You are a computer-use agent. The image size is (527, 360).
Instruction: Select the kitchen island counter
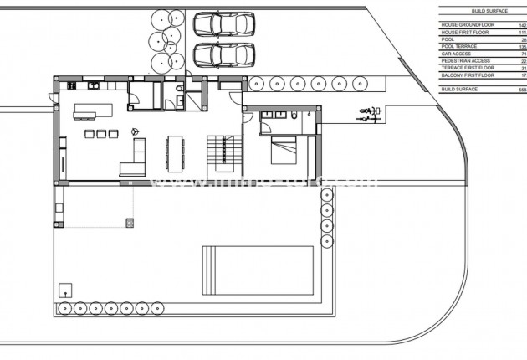pos(93,112)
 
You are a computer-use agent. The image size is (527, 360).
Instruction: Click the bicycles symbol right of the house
pos(369,115)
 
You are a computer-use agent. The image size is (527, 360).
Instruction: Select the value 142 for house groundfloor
pos(523,25)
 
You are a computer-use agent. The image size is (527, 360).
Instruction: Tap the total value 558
pos(522,89)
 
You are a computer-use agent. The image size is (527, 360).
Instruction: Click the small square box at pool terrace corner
pos(64,291)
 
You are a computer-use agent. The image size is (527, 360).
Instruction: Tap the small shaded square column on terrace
pos(130,222)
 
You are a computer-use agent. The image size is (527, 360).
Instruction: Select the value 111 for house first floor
pos(523,32)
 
